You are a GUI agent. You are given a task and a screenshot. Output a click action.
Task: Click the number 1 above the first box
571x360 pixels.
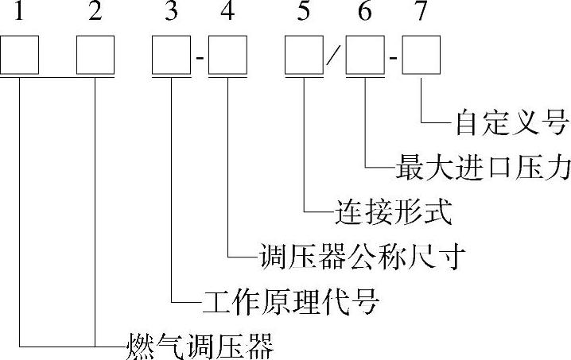click(18, 14)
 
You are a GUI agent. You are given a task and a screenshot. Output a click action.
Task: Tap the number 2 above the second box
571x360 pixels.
click(95, 14)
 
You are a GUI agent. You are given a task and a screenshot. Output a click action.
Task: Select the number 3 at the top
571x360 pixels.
click(172, 14)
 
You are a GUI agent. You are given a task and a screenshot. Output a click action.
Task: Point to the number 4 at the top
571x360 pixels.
click(227, 14)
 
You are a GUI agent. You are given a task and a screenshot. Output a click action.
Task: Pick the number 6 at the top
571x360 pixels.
click(365, 14)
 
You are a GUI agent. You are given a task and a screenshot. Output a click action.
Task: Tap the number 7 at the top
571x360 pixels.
click(421, 14)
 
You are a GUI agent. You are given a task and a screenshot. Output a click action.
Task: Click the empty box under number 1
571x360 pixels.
click(19, 56)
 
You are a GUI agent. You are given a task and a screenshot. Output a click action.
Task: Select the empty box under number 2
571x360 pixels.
click(95, 56)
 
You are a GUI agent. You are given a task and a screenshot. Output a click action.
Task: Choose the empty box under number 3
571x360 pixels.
click(173, 56)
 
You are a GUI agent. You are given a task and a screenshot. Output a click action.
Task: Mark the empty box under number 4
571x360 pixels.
click(228, 56)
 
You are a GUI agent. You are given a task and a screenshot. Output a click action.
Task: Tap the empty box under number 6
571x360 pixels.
click(365, 56)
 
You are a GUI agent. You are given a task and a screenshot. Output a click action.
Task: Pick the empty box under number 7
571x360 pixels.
click(421, 56)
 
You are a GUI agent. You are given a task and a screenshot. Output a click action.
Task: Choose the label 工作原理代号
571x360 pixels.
click(289, 301)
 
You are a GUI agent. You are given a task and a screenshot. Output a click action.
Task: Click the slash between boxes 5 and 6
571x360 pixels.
click(336, 57)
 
